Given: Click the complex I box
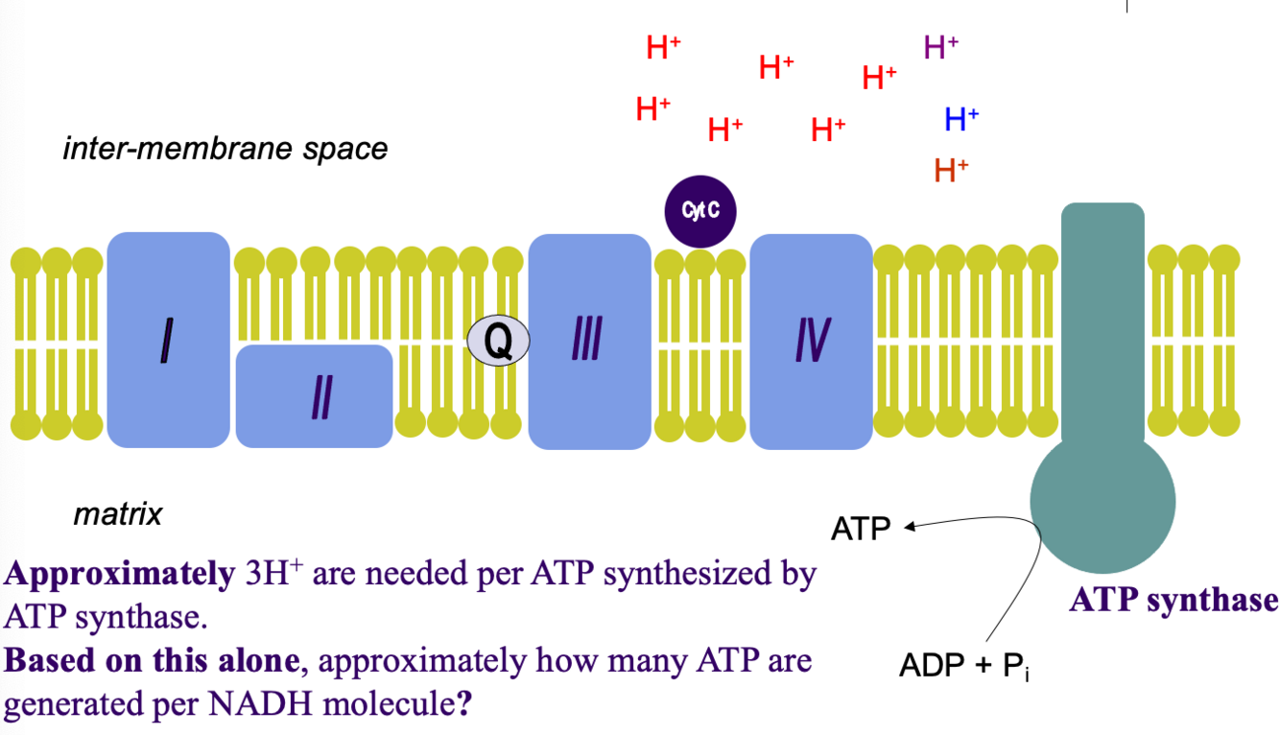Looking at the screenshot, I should (x=169, y=340).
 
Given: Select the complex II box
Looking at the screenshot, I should (x=315, y=395).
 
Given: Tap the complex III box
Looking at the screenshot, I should (x=589, y=341).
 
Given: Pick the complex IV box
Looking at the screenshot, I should (x=812, y=341).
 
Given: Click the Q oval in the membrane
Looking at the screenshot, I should (x=498, y=341).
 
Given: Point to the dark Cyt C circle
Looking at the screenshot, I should (x=700, y=212).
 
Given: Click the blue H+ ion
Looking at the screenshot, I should (x=960, y=119).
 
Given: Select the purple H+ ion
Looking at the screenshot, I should (x=940, y=46).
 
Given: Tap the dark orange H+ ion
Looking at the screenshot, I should (x=951, y=171).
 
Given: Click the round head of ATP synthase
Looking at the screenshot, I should (x=1102, y=501).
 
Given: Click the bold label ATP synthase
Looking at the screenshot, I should (x=1173, y=601).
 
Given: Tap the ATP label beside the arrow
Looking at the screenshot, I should (x=861, y=529).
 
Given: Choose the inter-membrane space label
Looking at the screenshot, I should (x=225, y=150).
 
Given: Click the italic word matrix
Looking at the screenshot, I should (x=118, y=515).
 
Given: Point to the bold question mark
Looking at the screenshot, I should (x=463, y=705).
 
